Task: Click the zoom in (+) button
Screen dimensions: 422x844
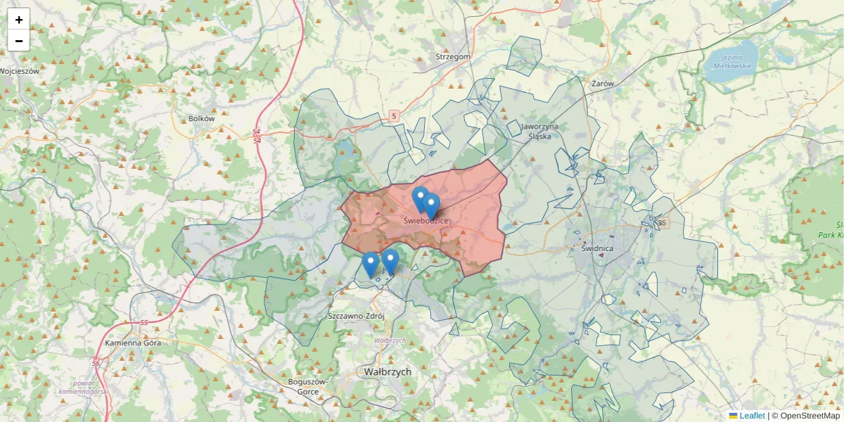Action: (19, 20)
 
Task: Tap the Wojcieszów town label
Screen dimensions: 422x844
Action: (20, 71)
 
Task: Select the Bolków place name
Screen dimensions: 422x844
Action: (201, 119)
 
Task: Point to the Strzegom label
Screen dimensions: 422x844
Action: (453, 56)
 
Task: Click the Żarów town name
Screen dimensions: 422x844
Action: (603, 83)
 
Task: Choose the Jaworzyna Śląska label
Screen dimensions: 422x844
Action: (540, 132)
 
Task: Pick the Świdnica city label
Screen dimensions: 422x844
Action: (598, 248)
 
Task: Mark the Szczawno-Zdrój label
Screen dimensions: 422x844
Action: (357, 316)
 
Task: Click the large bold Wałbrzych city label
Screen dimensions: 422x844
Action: (388, 371)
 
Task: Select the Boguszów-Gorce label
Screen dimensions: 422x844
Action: (309, 386)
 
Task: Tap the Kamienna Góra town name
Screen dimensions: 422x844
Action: (133, 343)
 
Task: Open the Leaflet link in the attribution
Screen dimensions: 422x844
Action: (752, 416)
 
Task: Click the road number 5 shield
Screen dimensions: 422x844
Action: (394, 115)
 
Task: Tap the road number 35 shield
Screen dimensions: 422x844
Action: (661, 223)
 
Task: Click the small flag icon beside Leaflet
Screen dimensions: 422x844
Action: (734, 416)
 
